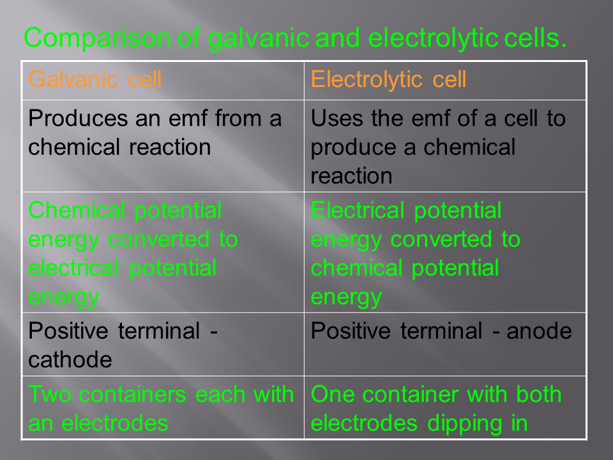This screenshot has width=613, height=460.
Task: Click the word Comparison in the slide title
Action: tap(97, 39)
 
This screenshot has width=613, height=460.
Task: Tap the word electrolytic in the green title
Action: tap(433, 39)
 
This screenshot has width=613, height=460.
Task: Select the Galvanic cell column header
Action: tap(95, 79)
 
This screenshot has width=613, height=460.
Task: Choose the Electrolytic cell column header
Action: tap(388, 80)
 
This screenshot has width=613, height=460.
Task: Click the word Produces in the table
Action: tap(78, 118)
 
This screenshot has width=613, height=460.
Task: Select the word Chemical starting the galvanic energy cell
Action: tap(77, 210)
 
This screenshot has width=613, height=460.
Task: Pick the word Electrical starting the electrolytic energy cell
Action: tap(358, 210)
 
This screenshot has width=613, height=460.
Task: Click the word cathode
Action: tap(70, 360)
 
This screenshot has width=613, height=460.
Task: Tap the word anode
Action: tap(539, 332)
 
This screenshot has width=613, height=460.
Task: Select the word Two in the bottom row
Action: tap(50, 394)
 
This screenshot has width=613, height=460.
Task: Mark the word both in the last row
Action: tap(538, 394)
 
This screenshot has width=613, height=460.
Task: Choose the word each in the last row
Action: tap(220, 394)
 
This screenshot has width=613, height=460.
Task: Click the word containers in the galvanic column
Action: tap(132, 394)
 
